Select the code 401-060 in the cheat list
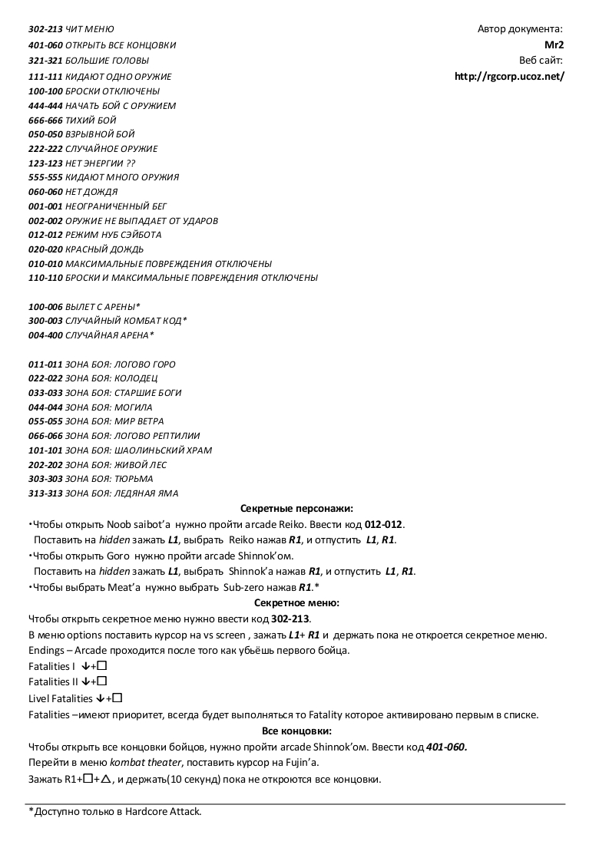(x=45, y=45)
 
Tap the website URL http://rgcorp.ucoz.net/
(x=509, y=76)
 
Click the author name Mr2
(x=554, y=45)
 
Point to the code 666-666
(x=45, y=120)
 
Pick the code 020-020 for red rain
(x=45, y=249)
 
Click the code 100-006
(x=45, y=307)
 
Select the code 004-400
(x=45, y=335)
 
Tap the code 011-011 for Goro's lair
(x=45, y=365)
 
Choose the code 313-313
(x=45, y=493)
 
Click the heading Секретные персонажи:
(x=296, y=508)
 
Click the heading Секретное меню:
(x=296, y=603)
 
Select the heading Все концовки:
(x=296, y=731)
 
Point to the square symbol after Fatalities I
(x=101, y=666)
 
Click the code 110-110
(x=45, y=278)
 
